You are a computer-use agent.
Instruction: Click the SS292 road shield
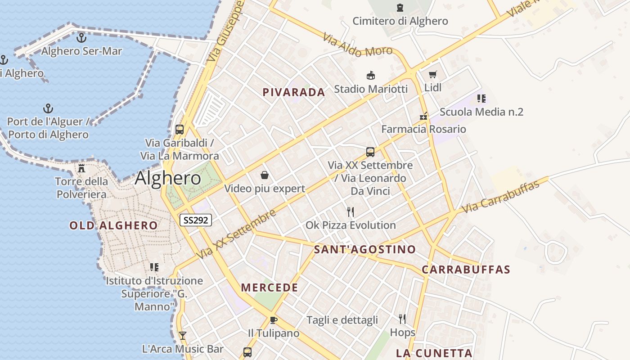click(196, 220)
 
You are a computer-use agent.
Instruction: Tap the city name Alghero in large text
click(168, 178)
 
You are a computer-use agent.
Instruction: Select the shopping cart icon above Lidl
click(432, 74)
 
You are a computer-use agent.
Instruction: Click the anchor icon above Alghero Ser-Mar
click(81, 38)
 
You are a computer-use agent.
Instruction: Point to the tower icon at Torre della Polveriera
click(81, 168)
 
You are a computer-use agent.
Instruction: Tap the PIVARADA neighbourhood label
click(293, 92)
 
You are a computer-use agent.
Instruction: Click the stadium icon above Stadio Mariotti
click(371, 75)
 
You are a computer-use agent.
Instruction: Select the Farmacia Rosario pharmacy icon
click(423, 116)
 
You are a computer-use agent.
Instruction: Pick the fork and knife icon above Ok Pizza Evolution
click(351, 211)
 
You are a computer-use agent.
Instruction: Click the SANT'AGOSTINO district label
click(365, 249)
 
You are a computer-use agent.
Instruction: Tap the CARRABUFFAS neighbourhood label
click(466, 270)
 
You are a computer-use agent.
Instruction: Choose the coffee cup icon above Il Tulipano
click(273, 320)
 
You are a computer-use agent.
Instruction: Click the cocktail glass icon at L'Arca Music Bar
click(182, 335)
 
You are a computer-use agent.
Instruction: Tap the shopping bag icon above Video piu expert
click(265, 175)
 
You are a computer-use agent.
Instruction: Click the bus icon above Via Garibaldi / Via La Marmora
click(180, 130)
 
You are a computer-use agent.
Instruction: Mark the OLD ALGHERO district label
click(113, 225)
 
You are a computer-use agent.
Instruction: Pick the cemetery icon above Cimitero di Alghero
click(400, 8)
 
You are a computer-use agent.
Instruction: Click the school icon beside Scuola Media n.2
click(481, 98)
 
